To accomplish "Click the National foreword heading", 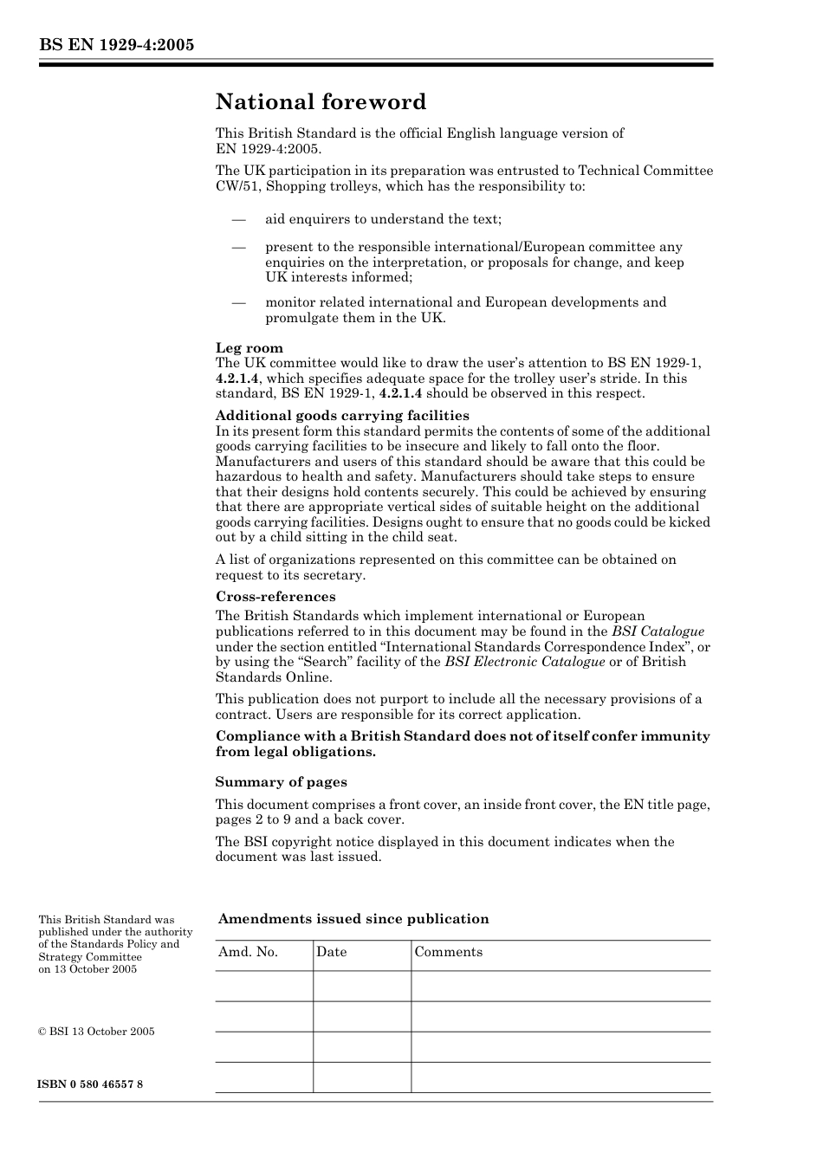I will click(321, 102).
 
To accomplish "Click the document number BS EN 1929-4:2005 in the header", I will click(115, 44).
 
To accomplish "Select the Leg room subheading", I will click(249, 348).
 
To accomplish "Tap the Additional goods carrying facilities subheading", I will click(341, 416).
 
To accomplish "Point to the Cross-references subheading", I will click(275, 597).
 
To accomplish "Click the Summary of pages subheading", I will click(281, 782).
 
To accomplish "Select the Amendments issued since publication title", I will click(353, 919).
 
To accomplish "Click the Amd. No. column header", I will click(248, 952).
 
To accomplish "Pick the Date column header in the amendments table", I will click(331, 952).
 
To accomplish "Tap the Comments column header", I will click(448, 952).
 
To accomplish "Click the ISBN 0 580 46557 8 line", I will click(90, 1084).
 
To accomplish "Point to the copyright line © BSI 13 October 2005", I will click(96, 1032).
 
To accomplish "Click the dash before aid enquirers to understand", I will click(239, 220).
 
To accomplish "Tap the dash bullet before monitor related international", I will click(239, 303).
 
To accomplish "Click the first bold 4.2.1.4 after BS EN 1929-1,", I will click(237, 379).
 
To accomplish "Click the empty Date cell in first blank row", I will click(361, 986).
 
